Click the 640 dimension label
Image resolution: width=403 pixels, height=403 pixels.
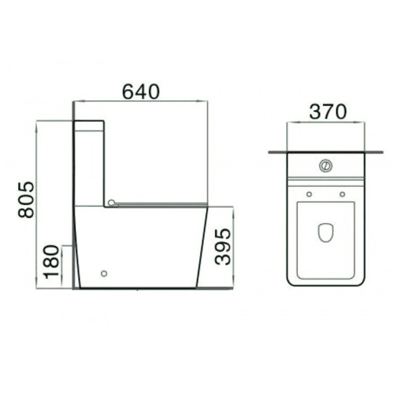pos(141,91)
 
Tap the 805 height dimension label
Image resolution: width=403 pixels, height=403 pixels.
pos(26,199)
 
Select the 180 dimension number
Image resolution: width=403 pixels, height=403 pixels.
pos(51,262)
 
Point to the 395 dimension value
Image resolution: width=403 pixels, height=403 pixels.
pos(222,246)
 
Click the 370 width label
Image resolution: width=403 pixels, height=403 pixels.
pos(328,111)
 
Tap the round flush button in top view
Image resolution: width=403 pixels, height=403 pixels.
pos(325,165)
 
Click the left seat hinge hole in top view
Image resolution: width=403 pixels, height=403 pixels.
pos(309,194)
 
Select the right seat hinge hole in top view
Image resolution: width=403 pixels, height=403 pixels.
pos(343,194)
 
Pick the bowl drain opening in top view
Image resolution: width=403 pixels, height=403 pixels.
pos(325,232)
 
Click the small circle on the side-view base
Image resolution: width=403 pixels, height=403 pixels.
pos(104,274)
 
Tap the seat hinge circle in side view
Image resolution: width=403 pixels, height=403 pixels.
pos(111,203)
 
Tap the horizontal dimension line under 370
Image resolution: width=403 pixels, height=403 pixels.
pos(325,122)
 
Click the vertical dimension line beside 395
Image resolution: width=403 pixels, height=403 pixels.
pos(233,247)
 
